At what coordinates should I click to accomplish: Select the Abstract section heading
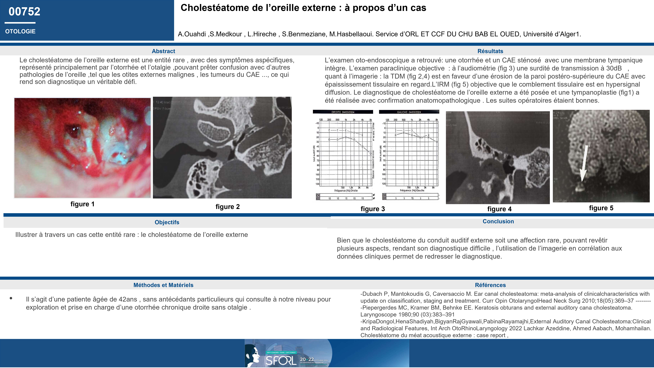click(163, 51)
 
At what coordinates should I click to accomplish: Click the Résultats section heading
click(490, 51)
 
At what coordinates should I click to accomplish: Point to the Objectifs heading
click(167, 222)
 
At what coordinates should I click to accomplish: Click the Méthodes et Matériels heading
click(163, 285)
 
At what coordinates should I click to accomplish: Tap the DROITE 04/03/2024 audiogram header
click(343, 112)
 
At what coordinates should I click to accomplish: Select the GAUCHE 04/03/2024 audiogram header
click(409, 112)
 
